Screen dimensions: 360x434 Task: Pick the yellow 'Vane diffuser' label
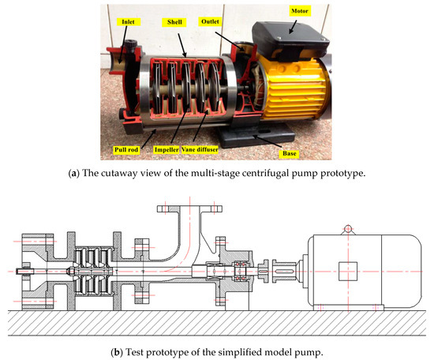coord(225,148)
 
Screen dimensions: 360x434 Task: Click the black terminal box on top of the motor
coord(290,47)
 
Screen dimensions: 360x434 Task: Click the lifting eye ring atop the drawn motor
coord(344,229)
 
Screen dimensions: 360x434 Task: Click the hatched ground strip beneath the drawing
coord(217,321)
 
